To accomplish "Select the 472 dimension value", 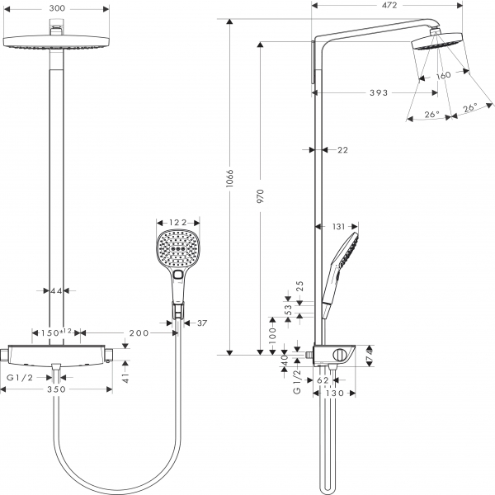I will pyautogui.click(x=389, y=6).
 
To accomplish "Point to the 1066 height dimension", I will pyautogui.click(x=231, y=180).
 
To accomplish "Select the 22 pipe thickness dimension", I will pyautogui.click(x=343, y=149).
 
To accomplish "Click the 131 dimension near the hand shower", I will pyautogui.click(x=338, y=226).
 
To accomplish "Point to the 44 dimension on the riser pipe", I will pyautogui.click(x=56, y=290).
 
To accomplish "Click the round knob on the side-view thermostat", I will pyautogui.click(x=337, y=356).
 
